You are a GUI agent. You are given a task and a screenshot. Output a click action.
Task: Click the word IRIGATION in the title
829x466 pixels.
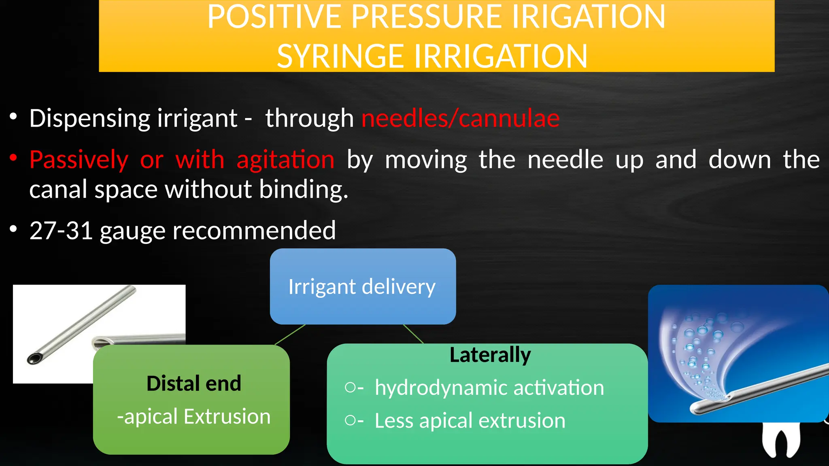click(x=587, y=17)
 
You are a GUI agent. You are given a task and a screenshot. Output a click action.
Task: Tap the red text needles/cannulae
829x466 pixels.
click(x=460, y=119)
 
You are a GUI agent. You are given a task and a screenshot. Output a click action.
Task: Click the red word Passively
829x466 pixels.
click(x=79, y=160)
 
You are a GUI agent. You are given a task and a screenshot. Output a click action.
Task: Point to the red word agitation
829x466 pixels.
click(x=285, y=160)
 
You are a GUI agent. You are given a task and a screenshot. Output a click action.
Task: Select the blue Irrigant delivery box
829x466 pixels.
click(x=362, y=286)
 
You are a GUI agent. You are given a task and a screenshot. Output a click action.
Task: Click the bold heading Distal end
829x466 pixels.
click(x=193, y=383)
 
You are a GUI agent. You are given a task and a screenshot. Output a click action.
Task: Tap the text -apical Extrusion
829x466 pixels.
click(x=193, y=417)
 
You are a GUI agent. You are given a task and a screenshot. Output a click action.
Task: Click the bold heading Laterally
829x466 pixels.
click(x=490, y=355)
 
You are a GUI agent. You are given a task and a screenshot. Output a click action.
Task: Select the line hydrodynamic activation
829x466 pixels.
click(x=489, y=388)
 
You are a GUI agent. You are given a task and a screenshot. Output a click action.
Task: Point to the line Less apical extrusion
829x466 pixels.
click(x=470, y=421)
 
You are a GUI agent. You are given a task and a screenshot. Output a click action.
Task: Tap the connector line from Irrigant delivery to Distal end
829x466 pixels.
click(x=290, y=335)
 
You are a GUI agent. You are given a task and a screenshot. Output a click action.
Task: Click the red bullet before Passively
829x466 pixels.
click(x=13, y=157)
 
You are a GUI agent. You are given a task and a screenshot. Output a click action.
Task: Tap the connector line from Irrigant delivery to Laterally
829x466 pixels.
click(x=413, y=334)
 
